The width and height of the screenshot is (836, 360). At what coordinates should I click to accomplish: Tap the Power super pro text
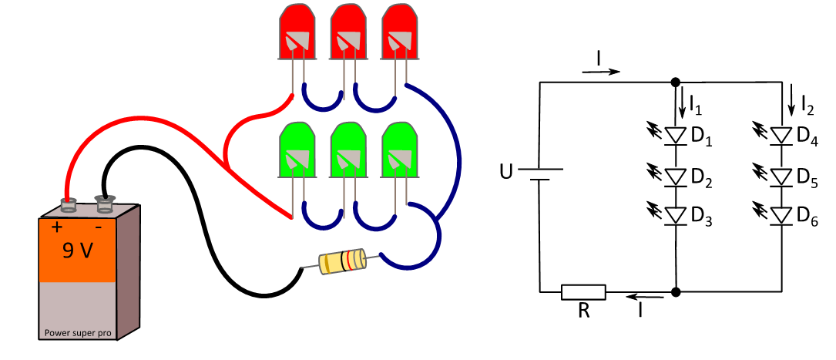[78, 333]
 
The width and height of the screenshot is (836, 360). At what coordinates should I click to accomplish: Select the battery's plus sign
[56, 227]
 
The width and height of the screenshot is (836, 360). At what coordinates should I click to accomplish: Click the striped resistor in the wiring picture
[342, 261]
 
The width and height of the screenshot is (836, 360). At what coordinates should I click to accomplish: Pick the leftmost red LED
[297, 32]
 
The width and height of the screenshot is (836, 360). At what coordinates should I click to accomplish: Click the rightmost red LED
[400, 32]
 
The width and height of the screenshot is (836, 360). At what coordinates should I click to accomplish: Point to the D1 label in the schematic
[702, 137]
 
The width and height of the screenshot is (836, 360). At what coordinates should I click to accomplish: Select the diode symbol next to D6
[782, 215]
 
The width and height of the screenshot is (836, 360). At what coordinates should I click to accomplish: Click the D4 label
[807, 137]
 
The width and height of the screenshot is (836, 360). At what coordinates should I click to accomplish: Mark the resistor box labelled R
[583, 291]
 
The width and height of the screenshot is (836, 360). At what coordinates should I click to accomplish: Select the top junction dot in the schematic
[676, 82]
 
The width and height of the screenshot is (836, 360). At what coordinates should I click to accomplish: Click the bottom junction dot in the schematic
[676, 291]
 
